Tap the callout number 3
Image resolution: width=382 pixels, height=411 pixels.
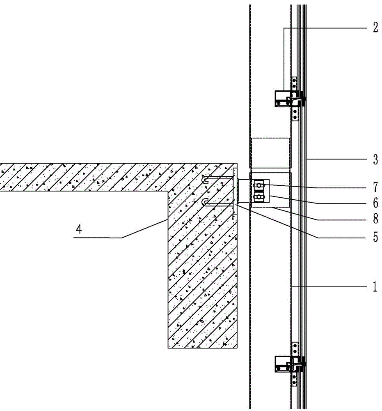coord(375,159)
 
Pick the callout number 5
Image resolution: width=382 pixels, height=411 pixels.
coord(375,238)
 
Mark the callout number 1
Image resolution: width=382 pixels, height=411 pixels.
coord(375,287)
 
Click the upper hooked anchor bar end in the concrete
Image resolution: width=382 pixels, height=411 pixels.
coord(205,180)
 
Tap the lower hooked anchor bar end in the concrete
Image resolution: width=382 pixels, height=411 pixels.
coord(205,202)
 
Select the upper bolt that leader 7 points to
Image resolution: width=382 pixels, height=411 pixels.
coord(259,187)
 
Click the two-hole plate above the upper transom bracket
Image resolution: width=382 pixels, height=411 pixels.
coord(294,84)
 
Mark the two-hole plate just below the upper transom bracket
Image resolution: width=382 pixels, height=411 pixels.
coord(294,114)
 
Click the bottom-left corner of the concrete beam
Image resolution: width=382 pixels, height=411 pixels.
coord(168,348)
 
